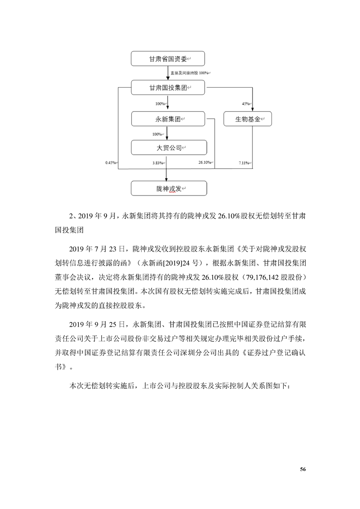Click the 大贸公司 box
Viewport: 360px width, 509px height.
point(168,148)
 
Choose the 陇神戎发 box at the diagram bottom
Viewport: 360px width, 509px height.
point(168,188)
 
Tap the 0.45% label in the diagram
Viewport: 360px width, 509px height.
point(111,162)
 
